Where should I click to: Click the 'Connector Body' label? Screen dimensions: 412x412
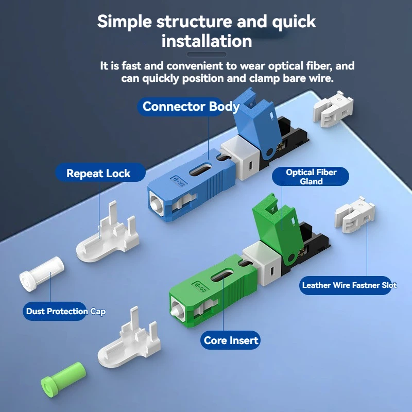[191, 107]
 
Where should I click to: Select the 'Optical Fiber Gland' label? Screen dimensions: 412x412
[311, 177]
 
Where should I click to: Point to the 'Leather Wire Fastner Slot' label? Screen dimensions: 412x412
[349, 285]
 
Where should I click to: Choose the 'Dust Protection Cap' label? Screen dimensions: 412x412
[66, 311]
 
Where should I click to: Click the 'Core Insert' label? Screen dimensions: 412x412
[230, 340]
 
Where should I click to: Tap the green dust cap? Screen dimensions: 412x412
[63, 376]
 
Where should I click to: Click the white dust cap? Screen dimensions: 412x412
[42, 274]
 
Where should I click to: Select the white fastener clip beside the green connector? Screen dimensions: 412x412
[355, 215]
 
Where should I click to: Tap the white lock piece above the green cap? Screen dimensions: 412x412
[129, 338]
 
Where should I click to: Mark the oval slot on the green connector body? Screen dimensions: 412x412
[222, 277]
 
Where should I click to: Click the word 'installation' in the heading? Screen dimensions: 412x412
[207, 41]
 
